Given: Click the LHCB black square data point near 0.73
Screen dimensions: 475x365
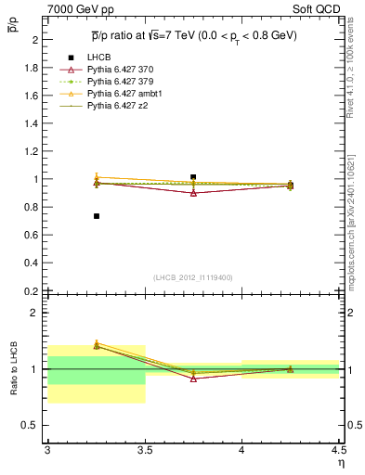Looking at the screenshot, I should click(96, 216).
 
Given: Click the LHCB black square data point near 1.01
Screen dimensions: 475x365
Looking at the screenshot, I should click(193, 176).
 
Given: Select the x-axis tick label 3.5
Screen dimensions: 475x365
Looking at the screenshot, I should click(145, 450).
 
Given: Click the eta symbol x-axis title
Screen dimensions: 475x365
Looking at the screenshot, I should click(340, 462).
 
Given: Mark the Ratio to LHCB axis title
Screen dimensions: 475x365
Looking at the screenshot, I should click(14, 369).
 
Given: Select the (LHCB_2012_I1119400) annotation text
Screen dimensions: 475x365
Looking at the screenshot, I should click(193, 277).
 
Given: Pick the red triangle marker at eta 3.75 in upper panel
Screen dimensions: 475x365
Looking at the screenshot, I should click(193, 192).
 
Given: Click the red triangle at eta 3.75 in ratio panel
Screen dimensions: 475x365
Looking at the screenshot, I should click(193, 379).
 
